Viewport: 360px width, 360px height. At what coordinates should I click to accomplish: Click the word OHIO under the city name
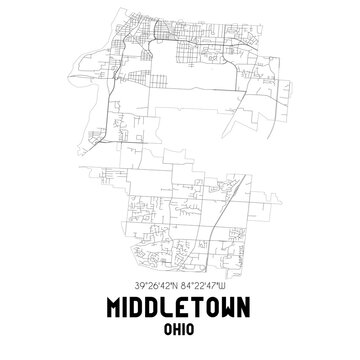[x=180, y=328]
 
